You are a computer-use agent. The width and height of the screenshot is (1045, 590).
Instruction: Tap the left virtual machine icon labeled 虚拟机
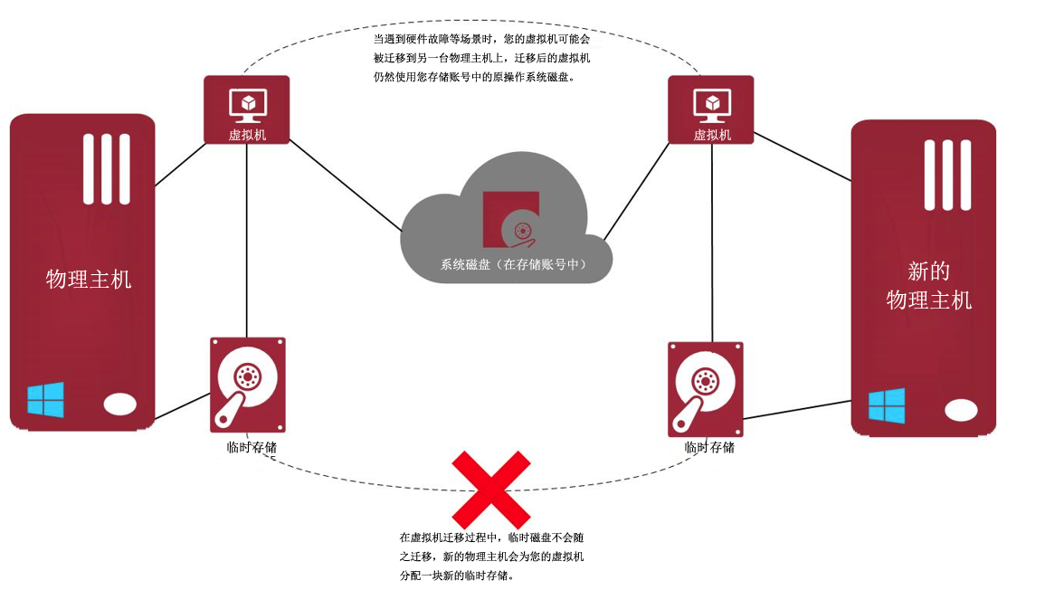pyautogui.click(x=246, y=109)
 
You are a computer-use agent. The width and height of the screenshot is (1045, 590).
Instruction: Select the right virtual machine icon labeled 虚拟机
pyautogui.click(x=711, y=109)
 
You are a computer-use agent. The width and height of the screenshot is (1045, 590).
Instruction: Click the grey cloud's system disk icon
pyautogui.click(x=510, y=219)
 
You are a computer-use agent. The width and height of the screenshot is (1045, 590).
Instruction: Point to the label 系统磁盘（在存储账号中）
pyautogui.click(x=513, y=265)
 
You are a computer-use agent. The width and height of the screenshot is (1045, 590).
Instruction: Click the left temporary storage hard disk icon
pyautogui.click(x=247, y=384)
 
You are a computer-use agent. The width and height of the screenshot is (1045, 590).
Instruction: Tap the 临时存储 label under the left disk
pyautogui.click(x=251, y=447)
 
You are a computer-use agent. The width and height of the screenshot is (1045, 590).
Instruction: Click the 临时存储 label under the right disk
pyautogui.click(x=709, y=447)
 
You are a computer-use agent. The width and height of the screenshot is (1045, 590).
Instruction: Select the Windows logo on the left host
pyautogui.click(x=45, y=399)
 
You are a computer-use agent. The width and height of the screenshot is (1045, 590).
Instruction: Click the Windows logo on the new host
pyautogui.click(x=887, y=404)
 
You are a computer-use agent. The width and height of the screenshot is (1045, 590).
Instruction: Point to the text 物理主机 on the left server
pyautogui.click(x=89, y=280)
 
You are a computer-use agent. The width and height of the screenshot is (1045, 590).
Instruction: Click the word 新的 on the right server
pyautogui.click(x=928, y=271)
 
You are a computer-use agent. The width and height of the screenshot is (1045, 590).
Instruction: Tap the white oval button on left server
pyautogui.click(x=120, y=404)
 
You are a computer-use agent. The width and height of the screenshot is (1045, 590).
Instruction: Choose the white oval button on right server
pyautogui.click(x=961, y=410)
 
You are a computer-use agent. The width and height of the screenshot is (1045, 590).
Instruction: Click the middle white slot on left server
pyautogui.click(x=107, y=168)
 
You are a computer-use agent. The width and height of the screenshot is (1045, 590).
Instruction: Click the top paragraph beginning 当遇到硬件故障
pyautogui.click(x=482, y=59)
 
